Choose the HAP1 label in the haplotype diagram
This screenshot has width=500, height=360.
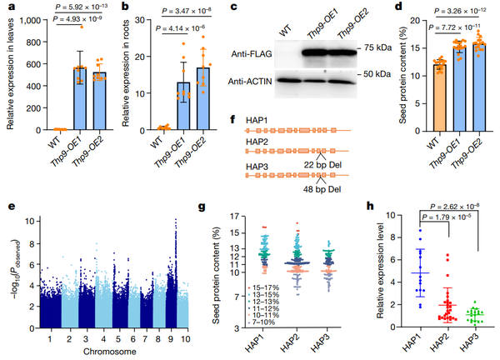point(259,122)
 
